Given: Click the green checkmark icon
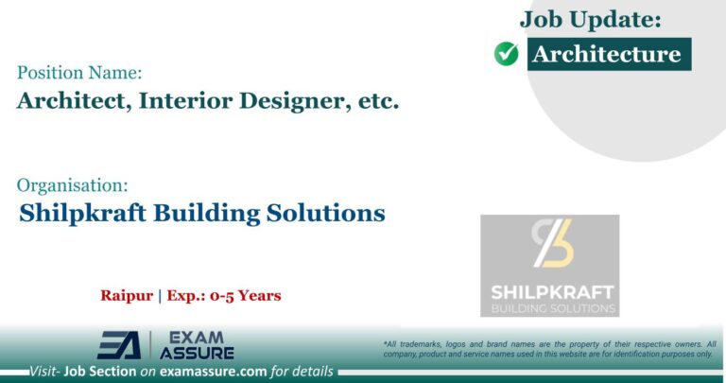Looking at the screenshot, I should [506, 55].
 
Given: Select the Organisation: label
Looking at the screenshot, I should [72, 185].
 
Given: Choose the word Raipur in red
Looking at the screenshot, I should [129, 296].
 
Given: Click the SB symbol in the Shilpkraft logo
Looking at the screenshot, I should [551, 244].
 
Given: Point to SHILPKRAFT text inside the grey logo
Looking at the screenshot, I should [550, 291].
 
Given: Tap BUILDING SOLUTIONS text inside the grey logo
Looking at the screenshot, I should [550, 308].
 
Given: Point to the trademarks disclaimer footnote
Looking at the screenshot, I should [549, 348].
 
